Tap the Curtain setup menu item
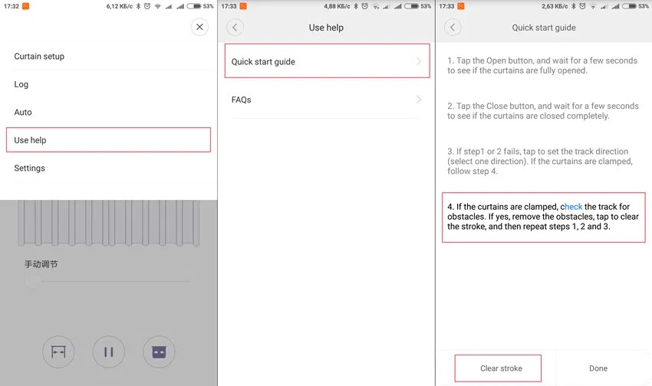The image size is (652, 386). coord(39,57)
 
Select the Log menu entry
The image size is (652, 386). coord(21,84)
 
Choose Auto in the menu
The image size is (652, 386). coord(23,112)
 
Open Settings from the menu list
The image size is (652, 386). coord(29,168)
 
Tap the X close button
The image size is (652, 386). coord(199,27)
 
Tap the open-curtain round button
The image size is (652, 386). coord(58,352)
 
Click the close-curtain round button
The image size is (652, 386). coord(159,352)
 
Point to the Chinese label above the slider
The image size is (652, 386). coord(41,264)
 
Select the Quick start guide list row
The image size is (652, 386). coord(327,61)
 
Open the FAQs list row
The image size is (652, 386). coord(327,100)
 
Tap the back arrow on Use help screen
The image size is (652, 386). coord(235,28)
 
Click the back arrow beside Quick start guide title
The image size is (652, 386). coord(453,28)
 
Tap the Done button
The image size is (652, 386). coord(598,368)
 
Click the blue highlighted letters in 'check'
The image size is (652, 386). coord(574,207)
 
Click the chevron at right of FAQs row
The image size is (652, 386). coord(419,100)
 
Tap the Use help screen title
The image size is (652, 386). coord(326,28)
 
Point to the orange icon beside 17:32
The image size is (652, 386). coord(26,6)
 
